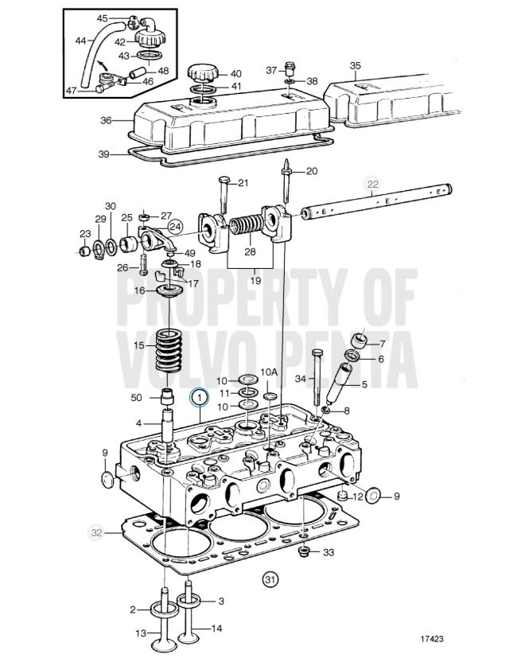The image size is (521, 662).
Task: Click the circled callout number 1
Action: click(x=200, y=397)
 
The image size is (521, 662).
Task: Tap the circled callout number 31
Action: click(x=270, y=580)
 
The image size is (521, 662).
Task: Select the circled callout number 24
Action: click(x=175, y=227)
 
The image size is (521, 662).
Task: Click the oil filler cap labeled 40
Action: click(x=203, y=72)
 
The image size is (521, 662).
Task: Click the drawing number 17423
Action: click(x=431, y=639)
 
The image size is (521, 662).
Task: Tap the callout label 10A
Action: click(x=269, y=372)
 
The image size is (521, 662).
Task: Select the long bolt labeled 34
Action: click(x=318, y=377)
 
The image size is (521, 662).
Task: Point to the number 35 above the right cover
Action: click(x=355, y=66)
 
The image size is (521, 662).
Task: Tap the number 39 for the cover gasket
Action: click(x=103, y=154)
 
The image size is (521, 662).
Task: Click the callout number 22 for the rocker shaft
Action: click(x=372, y=184)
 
